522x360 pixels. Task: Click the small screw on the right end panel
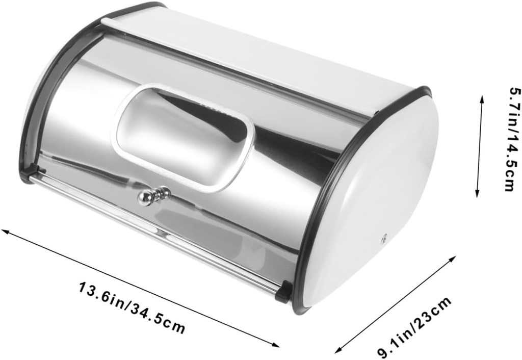384,237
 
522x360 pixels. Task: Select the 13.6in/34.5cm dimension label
132,305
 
